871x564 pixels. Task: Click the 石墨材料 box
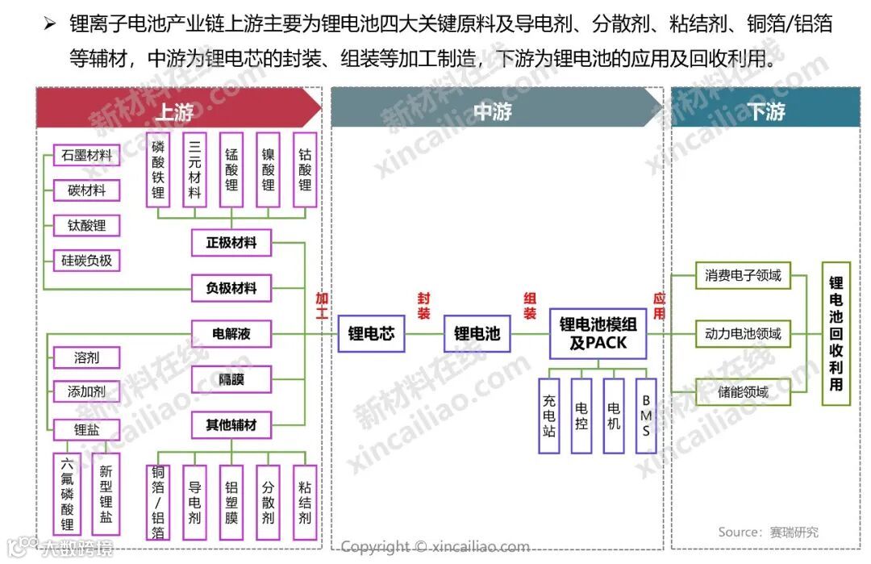[86, 155]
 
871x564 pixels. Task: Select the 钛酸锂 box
[86, 226]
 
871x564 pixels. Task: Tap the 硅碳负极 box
[86, 261]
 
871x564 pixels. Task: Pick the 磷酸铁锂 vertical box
[158, 169]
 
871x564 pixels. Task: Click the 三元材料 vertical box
[195, 169]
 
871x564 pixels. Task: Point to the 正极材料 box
[231, 242]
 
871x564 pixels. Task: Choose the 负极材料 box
[231, 288]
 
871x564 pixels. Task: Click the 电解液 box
[231, 333]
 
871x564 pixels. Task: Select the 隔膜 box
[231, 378]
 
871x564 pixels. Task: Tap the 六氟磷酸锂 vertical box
[68, 493]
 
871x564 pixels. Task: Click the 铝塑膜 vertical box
[231, 502]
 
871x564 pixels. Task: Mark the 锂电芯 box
[371, 332]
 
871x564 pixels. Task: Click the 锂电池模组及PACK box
[598, 333]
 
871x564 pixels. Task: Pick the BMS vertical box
[646, 415]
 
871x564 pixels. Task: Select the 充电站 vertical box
[550, 415]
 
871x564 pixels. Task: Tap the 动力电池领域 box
[743, 333]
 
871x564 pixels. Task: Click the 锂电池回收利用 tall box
[836, 333]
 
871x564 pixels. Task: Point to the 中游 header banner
[493, 111]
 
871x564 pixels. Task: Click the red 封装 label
[423, 306]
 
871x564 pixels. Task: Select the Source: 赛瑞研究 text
[769, 532]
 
